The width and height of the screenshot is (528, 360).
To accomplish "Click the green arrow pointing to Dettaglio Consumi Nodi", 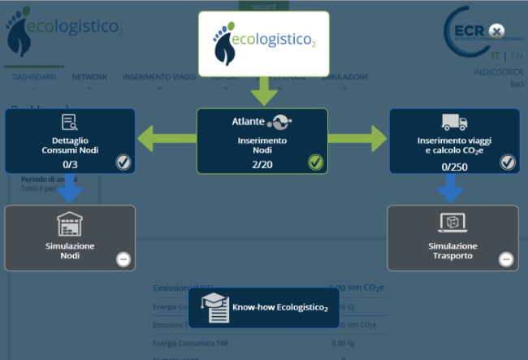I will (x=167, y=138).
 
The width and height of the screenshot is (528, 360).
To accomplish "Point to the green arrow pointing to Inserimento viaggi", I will (x=357, y=138).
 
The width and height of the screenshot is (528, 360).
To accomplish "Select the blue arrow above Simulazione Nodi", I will (x=69, y=189).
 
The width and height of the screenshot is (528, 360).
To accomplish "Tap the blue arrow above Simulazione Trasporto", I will (x=452, y=189).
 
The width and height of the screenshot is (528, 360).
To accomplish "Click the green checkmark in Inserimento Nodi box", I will (x=315, y=163).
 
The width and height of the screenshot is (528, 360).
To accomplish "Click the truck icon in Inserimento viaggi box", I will (x=454, y=123).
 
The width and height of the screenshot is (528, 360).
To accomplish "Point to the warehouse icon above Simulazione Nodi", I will (x=69, y=223).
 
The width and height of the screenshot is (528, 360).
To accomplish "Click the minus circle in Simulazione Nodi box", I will (x=123, y=259).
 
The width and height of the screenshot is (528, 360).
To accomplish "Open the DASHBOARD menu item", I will (x=34, y=77).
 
